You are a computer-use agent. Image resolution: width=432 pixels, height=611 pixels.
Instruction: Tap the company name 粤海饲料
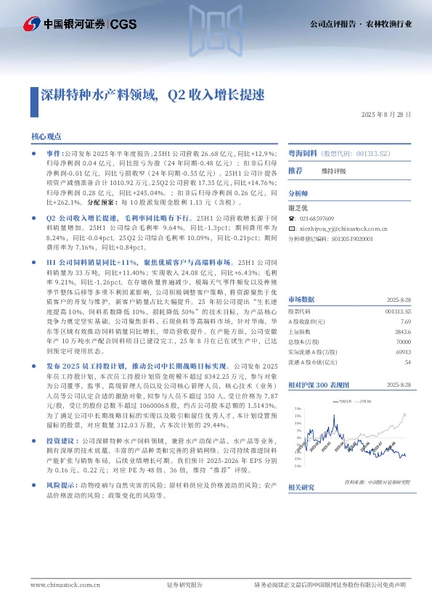(x=302, y=155)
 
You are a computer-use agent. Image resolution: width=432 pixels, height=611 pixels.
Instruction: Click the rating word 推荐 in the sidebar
(x=296, y=171)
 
